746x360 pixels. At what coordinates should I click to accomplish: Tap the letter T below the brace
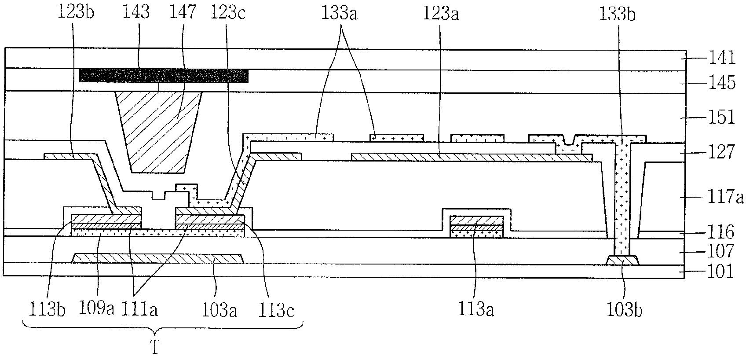click(x=154, y=349)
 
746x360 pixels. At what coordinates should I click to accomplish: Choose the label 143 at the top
click(x=136, y=12)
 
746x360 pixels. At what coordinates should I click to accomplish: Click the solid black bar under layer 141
click(x=164, y=76)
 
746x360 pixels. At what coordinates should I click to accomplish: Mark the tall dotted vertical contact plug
click(x=622, y=198)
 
